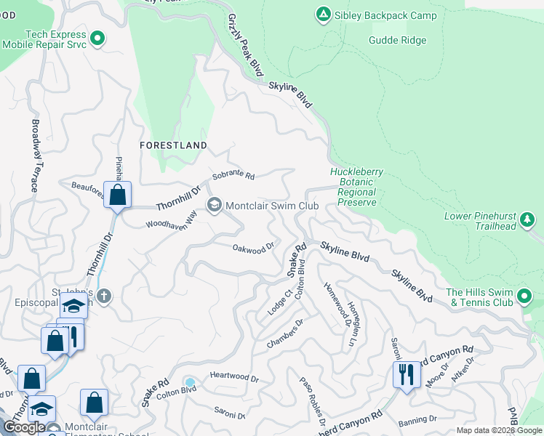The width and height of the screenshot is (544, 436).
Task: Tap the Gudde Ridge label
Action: (397, 41)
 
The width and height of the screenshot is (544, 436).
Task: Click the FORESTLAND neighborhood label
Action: (173, 145)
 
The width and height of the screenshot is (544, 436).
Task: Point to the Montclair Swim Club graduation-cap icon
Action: (214, 206)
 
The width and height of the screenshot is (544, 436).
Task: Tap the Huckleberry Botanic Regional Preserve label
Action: (356, 187)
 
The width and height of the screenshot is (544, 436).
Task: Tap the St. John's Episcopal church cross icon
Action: (104, 296)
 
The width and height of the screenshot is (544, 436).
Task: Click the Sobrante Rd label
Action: (233, 177)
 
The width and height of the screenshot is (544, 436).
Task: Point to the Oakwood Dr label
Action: (252, 248)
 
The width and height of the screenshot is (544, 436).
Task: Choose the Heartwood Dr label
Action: (234, 379)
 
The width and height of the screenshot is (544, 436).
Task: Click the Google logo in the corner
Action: (25, 427)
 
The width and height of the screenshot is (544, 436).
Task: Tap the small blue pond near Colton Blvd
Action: (190, 382)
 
